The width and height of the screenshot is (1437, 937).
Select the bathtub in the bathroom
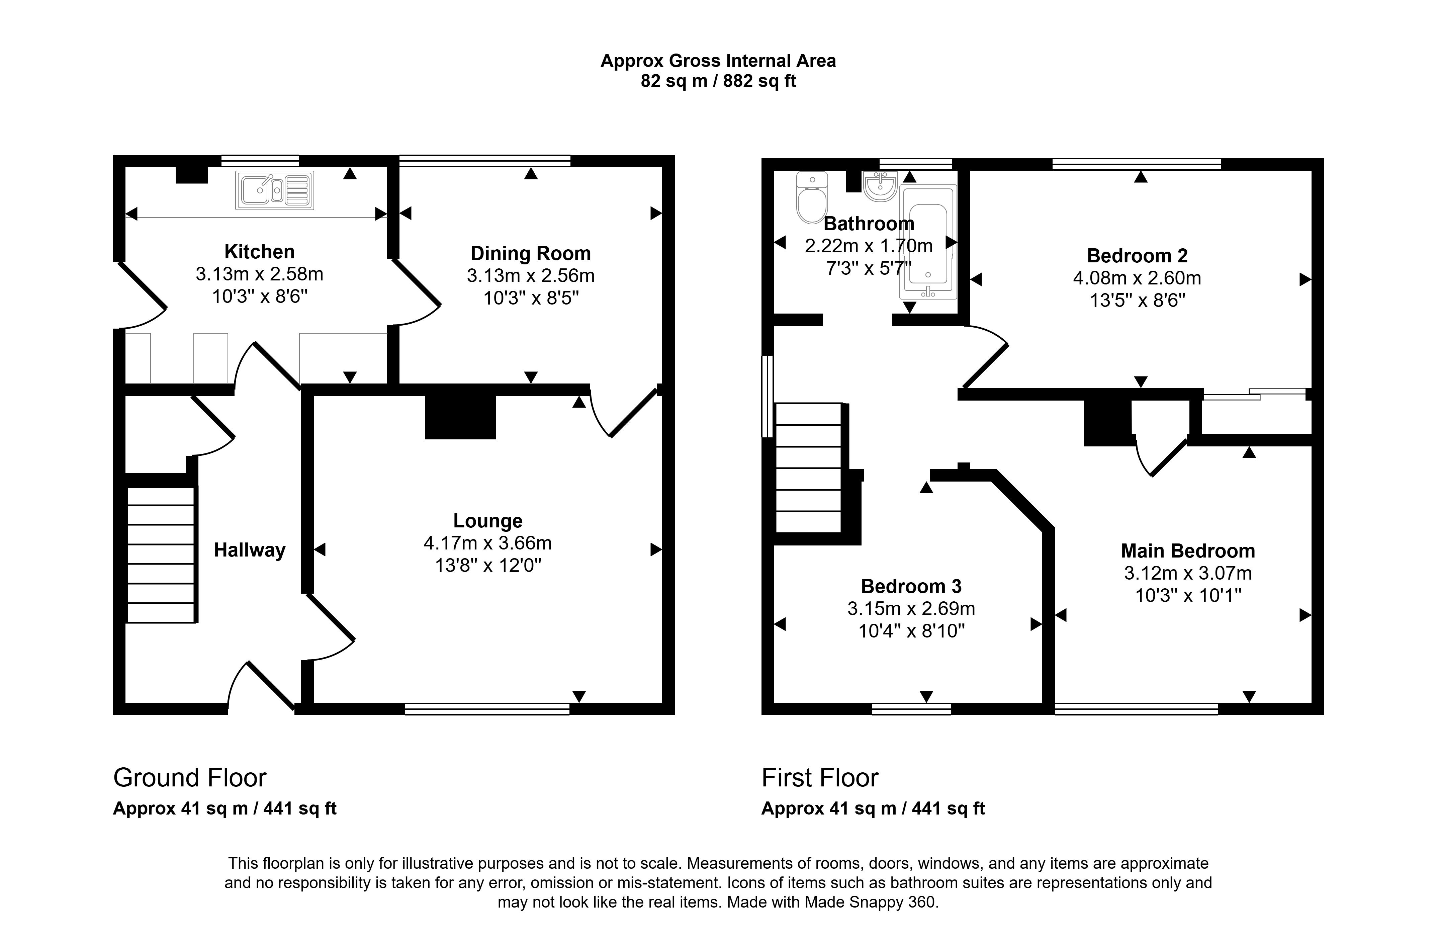coord(928,242)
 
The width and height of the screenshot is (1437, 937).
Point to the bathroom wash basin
coord(880,186)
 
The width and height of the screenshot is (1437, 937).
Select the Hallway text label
coord(249,550)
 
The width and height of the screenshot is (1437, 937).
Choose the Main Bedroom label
coord(1188,550)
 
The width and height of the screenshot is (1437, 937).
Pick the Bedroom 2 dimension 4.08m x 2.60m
coord(1136,278)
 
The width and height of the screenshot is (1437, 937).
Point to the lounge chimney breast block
coord(460,417)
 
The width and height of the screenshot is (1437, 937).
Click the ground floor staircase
coord(161,554)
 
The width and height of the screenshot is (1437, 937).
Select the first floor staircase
coord(808,468)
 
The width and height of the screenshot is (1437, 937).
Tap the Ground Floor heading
coord(190,778)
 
